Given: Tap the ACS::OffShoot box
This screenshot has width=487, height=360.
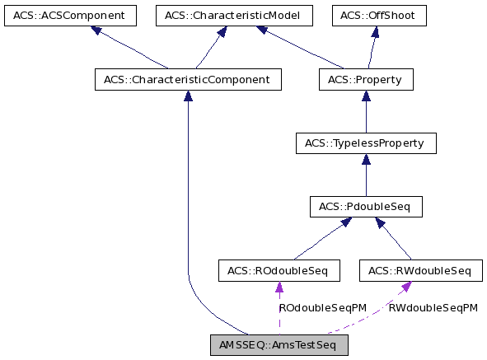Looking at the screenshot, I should click(379, 16).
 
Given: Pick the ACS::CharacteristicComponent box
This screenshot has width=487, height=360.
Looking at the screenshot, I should click(188, 79).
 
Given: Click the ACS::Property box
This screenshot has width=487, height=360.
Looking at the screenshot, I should click(365, 79).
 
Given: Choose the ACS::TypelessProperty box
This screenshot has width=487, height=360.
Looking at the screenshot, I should click(365, 143).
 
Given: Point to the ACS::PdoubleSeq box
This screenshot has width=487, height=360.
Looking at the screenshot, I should click(365, 206).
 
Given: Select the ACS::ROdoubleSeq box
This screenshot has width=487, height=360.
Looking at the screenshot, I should click(279, 269).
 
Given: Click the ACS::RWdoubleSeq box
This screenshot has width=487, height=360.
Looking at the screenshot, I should click(419, 269).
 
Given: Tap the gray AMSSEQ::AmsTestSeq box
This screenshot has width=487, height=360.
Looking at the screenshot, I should click(279, 344).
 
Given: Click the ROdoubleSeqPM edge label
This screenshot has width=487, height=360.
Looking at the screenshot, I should click(322, 308).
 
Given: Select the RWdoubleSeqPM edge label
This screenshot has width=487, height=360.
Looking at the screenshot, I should click(433, 308).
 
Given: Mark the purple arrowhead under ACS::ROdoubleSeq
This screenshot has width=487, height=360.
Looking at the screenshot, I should click(279, 287).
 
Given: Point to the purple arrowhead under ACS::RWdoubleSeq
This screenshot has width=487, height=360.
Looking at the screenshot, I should click(406, 286).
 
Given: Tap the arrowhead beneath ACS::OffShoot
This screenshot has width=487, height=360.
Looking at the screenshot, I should click(375, 32).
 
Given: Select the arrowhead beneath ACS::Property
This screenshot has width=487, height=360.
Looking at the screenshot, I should click(365, 96).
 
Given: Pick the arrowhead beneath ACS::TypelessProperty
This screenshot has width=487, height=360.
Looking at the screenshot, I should click(365, 159).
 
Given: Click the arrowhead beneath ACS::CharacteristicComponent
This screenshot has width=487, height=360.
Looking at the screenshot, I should click(188, 96).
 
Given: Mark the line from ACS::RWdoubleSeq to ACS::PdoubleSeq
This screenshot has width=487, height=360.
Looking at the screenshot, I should click(396, 239).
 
